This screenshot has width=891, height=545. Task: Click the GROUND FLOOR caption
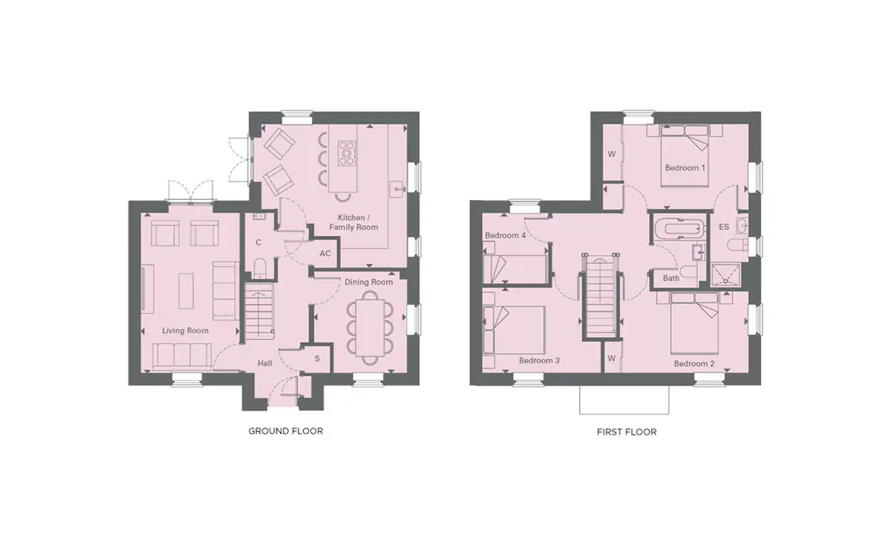coord(286,431)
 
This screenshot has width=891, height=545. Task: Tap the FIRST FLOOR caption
coord(627,432)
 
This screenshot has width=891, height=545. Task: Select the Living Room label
coord(186,331)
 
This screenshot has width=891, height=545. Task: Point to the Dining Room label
coord(369,282)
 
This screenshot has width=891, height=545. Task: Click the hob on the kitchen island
coord(347,153)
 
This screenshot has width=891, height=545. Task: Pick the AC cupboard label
coord(325,254)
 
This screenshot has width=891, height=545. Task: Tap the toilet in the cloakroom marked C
coord(259,268)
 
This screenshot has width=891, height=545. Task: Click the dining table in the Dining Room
coord(370,327)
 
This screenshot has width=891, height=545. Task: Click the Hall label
coord(265,364)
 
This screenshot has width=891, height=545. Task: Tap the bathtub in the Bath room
coord(680,228)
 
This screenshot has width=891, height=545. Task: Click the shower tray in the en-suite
coord(726,275)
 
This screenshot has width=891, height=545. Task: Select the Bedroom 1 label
coord(685,168)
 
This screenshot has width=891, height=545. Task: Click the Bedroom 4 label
coord(505,236)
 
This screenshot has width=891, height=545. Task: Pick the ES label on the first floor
coord(724,227)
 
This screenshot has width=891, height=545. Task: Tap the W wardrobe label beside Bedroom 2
coord(612,358)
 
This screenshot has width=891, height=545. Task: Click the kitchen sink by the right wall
coord(398,190)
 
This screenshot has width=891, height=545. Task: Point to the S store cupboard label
coord(317,358)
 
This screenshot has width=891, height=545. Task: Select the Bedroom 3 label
coord(539,361)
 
